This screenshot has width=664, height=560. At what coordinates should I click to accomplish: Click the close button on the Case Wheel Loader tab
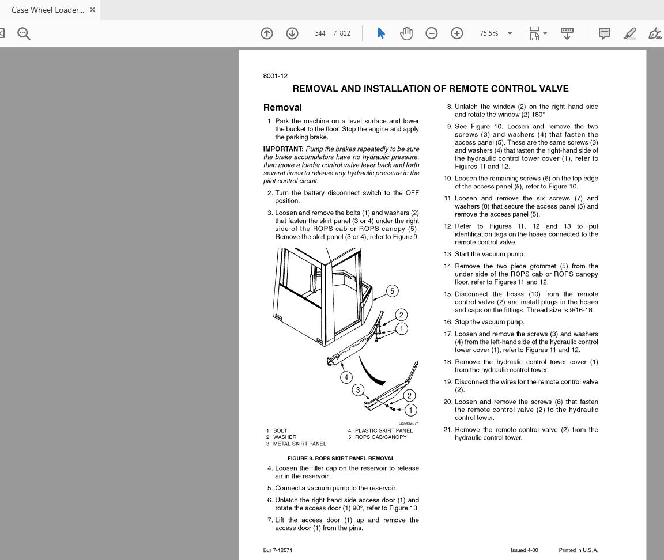pyautogui.click(x=92, y=10)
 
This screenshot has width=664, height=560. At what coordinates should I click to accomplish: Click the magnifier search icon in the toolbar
pyautogui.click(x=24, y=33)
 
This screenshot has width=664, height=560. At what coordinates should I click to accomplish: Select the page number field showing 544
pyautogui.click(x=320, y=33)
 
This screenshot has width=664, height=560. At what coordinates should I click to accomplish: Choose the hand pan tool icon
pyautogui.click(x=406, y=33)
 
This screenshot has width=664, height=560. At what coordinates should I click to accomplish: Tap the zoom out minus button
pyautogui.click(x=431, y=33)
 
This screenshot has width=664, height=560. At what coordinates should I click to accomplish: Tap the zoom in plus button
pyautogui.click(x=456, y=33)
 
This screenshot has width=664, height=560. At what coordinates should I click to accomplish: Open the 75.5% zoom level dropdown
pyautogui.click(x=496, y=33)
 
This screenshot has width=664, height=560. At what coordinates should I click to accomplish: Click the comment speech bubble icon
pyautogui.click(x=604, y=33)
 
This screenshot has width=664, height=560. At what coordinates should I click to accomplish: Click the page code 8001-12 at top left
pyautogui.click(x=275, y=76)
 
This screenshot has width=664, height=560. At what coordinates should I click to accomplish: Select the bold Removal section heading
pyautogui.click(x=282, y=107)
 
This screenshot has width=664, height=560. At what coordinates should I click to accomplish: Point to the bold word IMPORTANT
pyautogui.click(x=283, y=149)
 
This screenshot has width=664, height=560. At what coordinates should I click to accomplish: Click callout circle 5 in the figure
pyautogui.click(x=392, y=291)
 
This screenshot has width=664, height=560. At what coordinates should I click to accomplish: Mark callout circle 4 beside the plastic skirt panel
pyautogui.click(x=346, y=377)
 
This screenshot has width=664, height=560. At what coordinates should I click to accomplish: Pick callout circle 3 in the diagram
pyautogui.click(x=358, y=390)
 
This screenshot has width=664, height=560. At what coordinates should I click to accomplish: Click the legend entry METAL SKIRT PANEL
pyautogui.click(x=299, y=444)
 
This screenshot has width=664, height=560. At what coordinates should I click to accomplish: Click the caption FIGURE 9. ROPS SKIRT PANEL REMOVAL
pyautogui.click(x=341, y=459)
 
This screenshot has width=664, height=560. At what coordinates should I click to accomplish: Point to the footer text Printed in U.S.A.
pyautogui.click(x=578, y=550)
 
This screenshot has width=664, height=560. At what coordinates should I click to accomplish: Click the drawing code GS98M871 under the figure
pyautogui.click(x=409, y=423)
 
